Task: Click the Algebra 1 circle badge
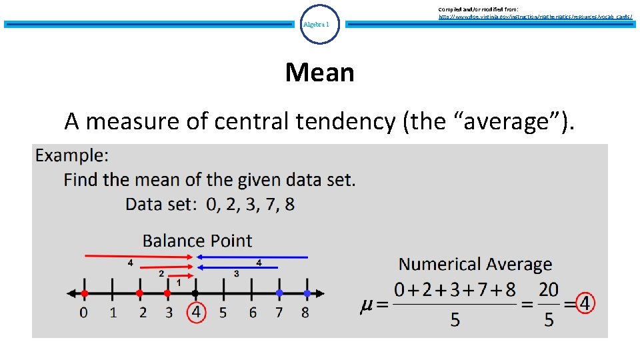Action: coord(320,24)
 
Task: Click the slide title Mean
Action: coord(319,72)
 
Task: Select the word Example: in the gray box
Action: coord(72,156)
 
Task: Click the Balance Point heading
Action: coord(197,241)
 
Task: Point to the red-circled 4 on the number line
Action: coord(195,311)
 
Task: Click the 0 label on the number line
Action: coord(84,312)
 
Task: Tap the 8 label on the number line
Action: coord(305,312)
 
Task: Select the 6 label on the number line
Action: coord(253,312)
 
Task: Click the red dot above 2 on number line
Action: coord(139,293)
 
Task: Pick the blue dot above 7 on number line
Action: coord(279,293)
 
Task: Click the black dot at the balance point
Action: coord(195,293)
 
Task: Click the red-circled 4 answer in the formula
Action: coord(585,304)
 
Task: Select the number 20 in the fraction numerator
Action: coord(549,290)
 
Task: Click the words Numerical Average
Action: coord(475,265)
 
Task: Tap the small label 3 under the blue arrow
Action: coord(236,273)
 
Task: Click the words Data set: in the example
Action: coord(161,204)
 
